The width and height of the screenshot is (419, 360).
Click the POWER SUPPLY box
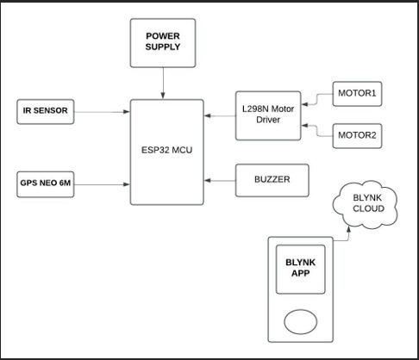tap(163, 43)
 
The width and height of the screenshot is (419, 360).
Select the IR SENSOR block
tap(46, 112)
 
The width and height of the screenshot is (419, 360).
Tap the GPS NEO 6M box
tap(46, 184)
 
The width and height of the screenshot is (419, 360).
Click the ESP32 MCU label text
tap(166, 150)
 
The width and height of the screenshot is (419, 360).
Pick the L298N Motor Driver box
tap(268, 115)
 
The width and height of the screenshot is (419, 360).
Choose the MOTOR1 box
tap(357, 94)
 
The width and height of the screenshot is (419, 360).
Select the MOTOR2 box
tap(357, 136)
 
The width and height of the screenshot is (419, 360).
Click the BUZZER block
tap(272, 180)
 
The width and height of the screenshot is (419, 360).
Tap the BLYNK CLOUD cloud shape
tap(366, 204)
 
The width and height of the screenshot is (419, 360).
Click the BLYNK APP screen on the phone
tap(301, 270)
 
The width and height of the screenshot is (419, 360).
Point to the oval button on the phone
tap(301, 322)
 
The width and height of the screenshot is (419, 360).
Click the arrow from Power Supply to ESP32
tap(163, 84)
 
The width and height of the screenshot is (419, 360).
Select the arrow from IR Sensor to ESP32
tap(102, 112)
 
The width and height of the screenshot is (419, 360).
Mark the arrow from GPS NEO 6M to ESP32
tap(102, 184)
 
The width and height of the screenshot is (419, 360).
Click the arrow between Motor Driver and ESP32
tap(220, 115)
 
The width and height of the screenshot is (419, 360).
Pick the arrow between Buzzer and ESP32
tap(220, 180)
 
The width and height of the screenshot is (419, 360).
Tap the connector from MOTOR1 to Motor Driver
tap(316, 99)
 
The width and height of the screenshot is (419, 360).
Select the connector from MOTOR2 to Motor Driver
tap(316, 131)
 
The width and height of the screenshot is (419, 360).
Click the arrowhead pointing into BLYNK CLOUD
tap(348, 229)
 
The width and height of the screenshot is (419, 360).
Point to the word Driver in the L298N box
tap(268, 120)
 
